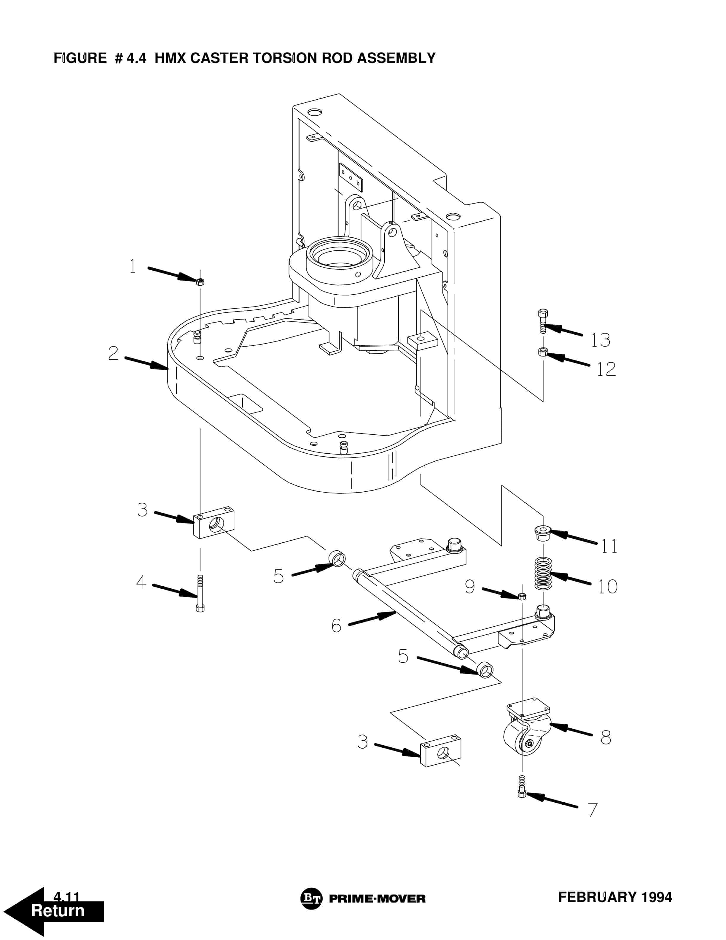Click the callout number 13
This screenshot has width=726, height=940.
(x=601, y=340)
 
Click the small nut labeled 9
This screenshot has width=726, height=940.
(x=522, y=596)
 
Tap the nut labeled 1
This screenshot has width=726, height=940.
(x=200, y=282)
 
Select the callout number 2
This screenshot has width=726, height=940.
(x=113, y=353)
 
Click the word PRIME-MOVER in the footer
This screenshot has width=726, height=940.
(x=377, y=899)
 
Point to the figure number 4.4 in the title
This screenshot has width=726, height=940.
(x=137, y=58)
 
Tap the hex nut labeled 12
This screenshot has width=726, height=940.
(x=543, y=352)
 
